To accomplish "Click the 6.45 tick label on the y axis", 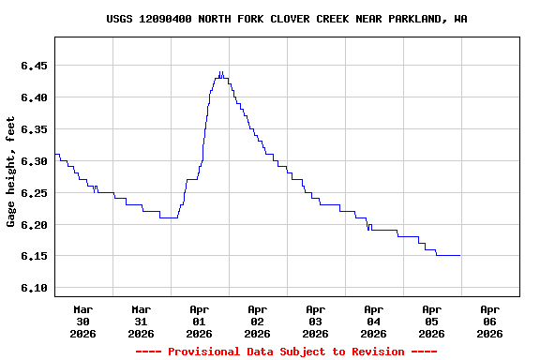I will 33,66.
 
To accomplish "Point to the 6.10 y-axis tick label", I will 33,288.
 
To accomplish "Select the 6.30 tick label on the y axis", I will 33,161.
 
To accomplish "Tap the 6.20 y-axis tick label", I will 33,225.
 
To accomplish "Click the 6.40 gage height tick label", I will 33,97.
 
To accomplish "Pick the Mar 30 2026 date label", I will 82,321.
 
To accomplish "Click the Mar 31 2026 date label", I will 141,321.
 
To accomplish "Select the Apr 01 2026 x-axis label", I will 199,321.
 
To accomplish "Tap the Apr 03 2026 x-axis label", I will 315,321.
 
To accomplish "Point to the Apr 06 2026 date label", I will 489,321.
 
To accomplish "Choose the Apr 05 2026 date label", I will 431,321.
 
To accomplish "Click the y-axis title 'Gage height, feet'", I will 11,172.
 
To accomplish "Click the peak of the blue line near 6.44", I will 220,72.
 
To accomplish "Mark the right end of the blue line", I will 459,255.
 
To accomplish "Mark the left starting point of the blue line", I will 55,154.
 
